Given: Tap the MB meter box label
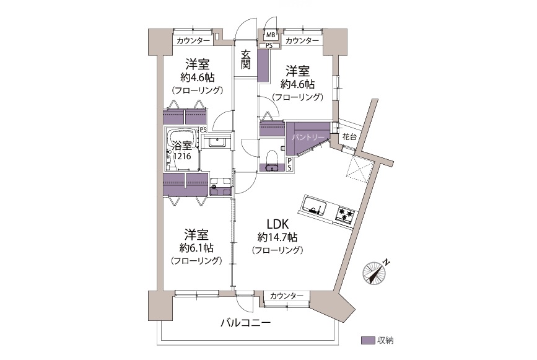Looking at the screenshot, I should pyautogui.click(x=271, y=35).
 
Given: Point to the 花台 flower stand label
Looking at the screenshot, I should pyautogui.click(x=348, y=136).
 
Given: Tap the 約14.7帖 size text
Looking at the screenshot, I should pyautogui.click(x=277, y=237).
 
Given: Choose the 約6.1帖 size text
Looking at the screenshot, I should pyautogui.click(x=196, y=247).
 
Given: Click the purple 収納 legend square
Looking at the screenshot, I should pyautogui.click(x=367, y=340).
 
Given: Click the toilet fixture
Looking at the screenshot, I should pyautogui.click(x=271, y=162).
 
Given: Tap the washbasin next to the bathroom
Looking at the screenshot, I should pyautogui.click(x=217, y=142).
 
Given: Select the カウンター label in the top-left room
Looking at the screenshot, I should pyautogui.click(x=193, y=41).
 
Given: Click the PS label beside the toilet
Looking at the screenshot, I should pyautogui.click(x=291, y=163).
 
